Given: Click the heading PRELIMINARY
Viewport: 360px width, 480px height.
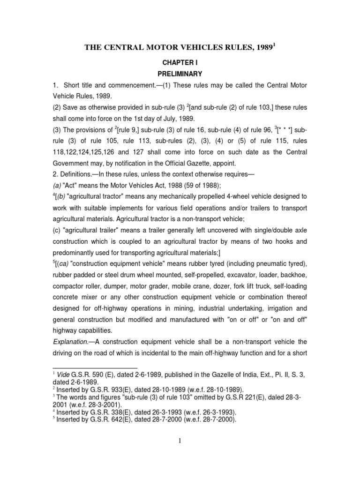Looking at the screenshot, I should [180, 74].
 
